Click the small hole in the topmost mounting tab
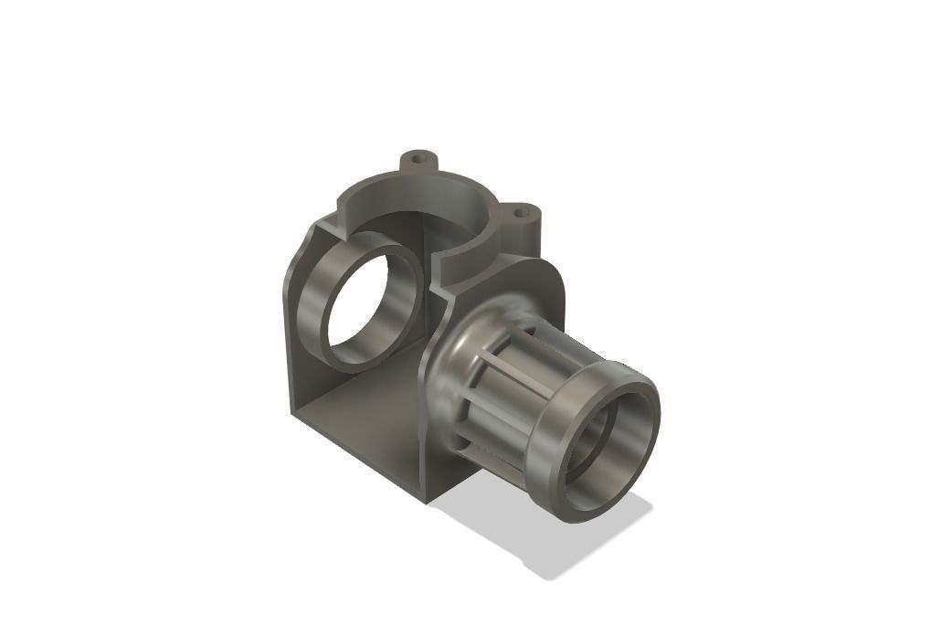point(419,158)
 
